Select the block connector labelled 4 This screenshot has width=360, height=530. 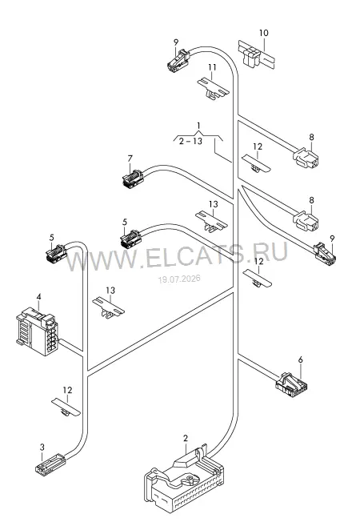(x=37, y=331)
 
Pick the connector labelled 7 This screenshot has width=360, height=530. (x=133, y=178)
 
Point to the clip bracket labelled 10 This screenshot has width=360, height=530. (x=257, y=55)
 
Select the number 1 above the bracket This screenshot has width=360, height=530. (x=198, y=126)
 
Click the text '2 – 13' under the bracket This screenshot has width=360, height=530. (x=190, y=141)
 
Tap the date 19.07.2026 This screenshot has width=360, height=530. (x=179, y=279)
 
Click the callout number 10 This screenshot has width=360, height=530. (x=264, y=33)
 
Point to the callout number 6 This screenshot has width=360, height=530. (x=301, y=360)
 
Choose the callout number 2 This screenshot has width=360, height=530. (x=186, y=439)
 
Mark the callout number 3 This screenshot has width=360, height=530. (x=42, y=448)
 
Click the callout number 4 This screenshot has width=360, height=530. (x=39, y=297)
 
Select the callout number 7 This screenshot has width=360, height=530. (x=130, y=159)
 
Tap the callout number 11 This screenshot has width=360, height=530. (x=212, y=67)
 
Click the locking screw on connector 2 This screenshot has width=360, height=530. (x=190, y=479)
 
